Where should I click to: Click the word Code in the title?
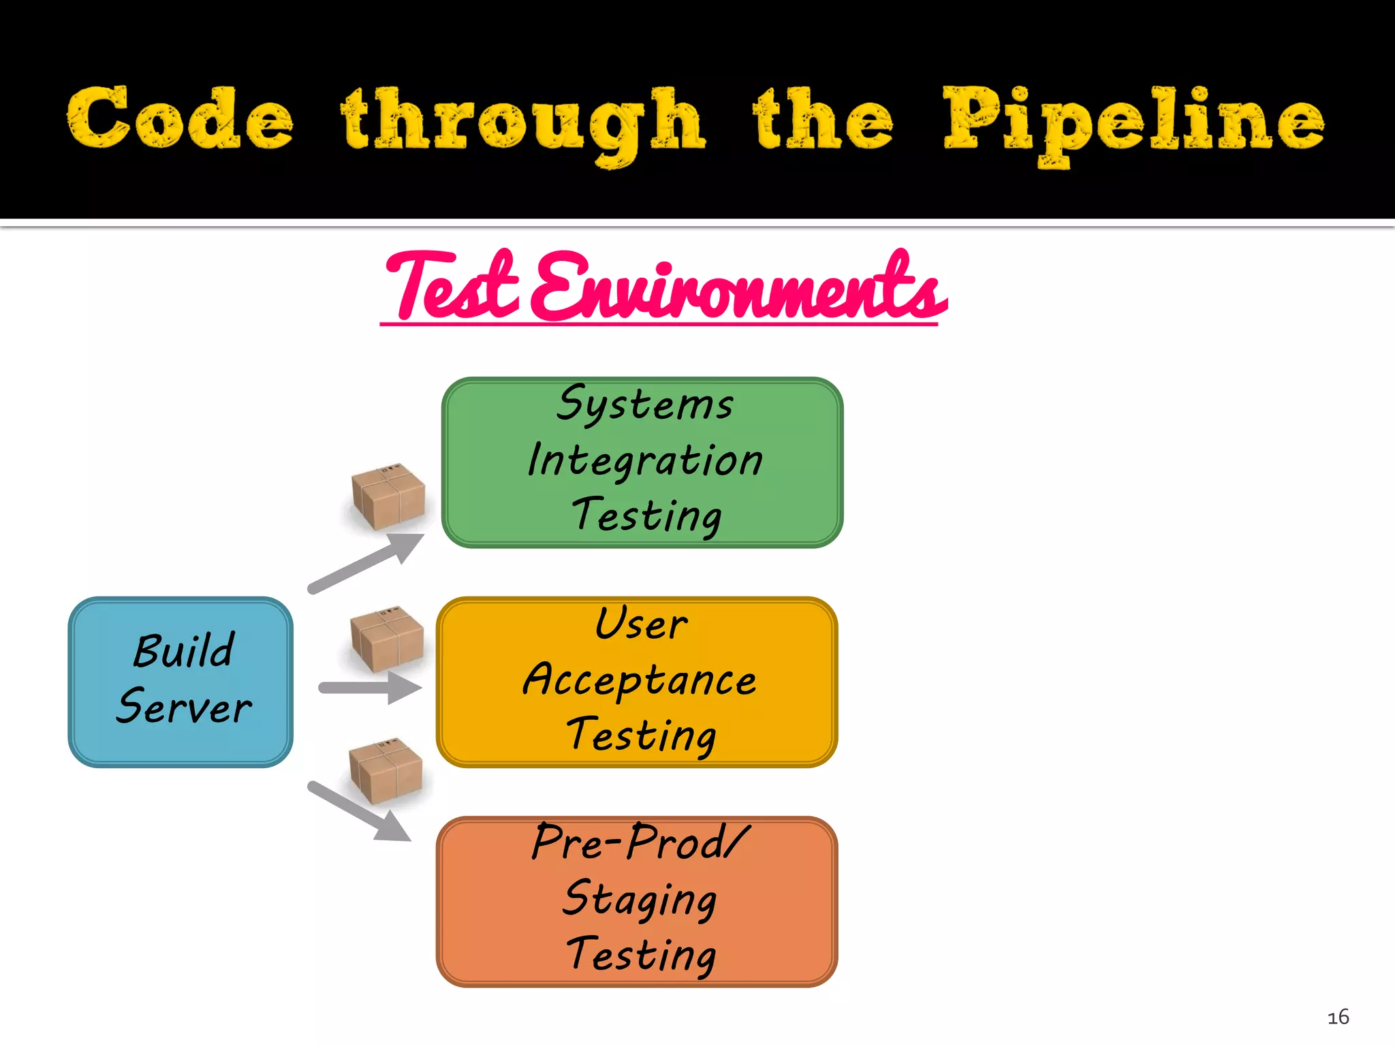pos(181,119)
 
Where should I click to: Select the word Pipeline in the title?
pos(1133,123)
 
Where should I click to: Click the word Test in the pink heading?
pos(453,286)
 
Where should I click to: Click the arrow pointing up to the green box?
pos(366,563)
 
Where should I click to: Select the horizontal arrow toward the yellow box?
pos(370,688)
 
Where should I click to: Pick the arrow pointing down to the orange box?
pos(360,812)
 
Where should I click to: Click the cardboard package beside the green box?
pos(388,496)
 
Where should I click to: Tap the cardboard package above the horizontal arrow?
pos(386,639)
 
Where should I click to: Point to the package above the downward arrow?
pos(386,770)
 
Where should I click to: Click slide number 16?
pos(1338,1017)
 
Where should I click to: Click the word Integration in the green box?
pos(645,460)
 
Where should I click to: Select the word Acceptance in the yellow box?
pos(640,680)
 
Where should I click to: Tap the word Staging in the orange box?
pos(640,899)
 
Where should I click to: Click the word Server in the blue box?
pos(184,707)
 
